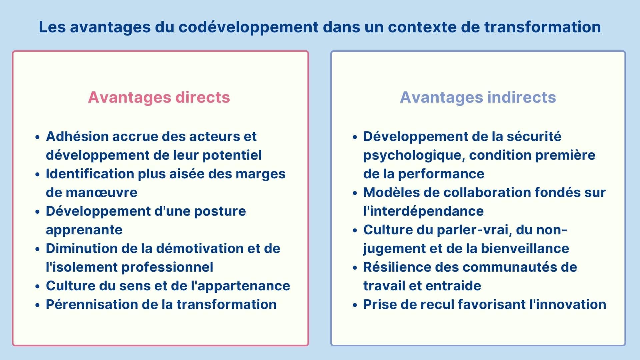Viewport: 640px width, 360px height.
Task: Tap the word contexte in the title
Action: (422, 27)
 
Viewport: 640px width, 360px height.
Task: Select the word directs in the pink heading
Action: (203, 97)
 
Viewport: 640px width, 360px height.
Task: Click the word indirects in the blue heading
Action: (522, 97)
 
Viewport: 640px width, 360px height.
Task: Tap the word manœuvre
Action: (101, 193)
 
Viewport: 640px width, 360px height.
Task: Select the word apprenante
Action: (84, 230)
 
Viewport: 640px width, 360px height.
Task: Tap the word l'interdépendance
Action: (423, 211)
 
